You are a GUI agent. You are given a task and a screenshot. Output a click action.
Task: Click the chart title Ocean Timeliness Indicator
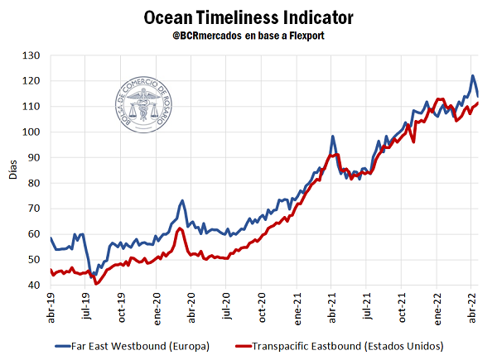pyautogui.click(x=248, y=17)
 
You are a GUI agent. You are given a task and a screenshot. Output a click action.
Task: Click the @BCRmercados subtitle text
pyautogui.click(x=248, y=37)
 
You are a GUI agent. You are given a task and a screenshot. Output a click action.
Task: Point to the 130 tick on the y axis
pyautogui.click(x=32, y=55)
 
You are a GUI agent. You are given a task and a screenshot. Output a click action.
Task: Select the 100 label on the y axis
pyautogui.click(x=32, y=132)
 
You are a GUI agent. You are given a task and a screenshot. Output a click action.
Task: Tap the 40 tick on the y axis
pyautogui.click(x=35, y=286)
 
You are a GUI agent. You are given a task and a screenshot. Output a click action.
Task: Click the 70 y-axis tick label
pyautogui.click(x=35, y=209)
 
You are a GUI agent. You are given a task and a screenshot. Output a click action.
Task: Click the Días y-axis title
pyautogui.click(x=12, y=170)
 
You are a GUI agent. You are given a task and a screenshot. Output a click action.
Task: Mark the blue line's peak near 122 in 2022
pyautogui.click(x=473, y=76)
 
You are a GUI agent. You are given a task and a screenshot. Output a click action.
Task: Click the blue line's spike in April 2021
pyautogui.click(x=332, y=137)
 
